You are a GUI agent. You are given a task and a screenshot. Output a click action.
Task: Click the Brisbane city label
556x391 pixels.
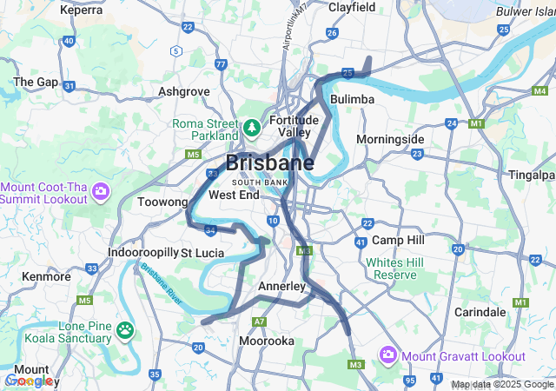(270, 162)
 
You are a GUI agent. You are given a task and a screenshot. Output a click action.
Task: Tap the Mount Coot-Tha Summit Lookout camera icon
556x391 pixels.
(101, 189)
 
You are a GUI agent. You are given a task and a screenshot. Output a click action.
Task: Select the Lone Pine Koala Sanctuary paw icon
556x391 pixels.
(126, 330)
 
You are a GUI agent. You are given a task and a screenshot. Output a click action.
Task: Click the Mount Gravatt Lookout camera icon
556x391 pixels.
(387, 355)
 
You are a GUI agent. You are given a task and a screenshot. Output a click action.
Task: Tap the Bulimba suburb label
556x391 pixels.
(352, 99)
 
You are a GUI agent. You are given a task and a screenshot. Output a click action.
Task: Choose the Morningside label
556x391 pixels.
(390, 139)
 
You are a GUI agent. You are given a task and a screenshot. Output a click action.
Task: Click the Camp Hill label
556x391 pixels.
(398, 240)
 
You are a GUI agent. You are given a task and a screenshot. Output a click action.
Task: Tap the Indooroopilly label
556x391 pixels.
(142, 253)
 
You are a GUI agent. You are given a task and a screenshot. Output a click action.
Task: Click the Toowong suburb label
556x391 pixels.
(162, 202)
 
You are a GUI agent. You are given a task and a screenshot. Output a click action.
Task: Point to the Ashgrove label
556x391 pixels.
(184, 90)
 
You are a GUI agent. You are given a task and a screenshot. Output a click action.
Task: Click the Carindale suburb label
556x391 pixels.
(480, 311)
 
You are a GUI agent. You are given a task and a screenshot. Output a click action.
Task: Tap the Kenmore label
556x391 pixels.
(46, 276)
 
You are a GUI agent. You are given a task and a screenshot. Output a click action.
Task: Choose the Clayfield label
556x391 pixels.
(352, 7)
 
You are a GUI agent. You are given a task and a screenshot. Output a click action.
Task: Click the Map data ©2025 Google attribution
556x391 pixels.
(502, 384)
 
